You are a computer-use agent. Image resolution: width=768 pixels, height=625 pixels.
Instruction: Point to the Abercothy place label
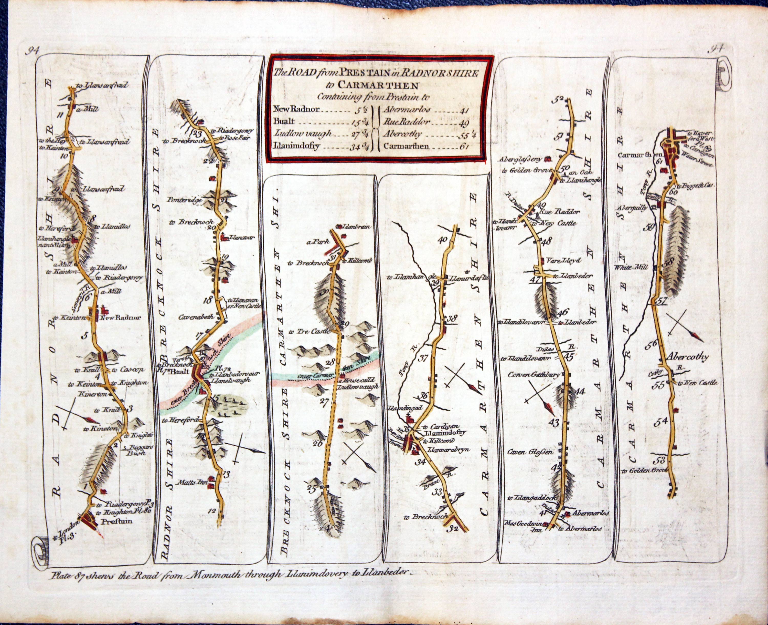(687, 357)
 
